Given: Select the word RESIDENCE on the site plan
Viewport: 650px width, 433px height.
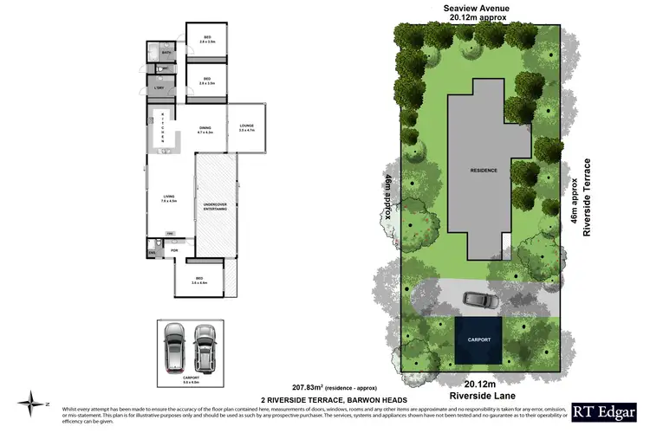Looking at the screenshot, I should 484,171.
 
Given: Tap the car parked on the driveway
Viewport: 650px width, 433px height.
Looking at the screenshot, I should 479,300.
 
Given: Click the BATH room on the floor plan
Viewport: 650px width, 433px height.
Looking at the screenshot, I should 167,54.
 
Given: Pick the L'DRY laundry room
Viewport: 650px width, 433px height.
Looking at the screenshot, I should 159,88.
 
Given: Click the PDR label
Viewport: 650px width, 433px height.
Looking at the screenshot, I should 174,251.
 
